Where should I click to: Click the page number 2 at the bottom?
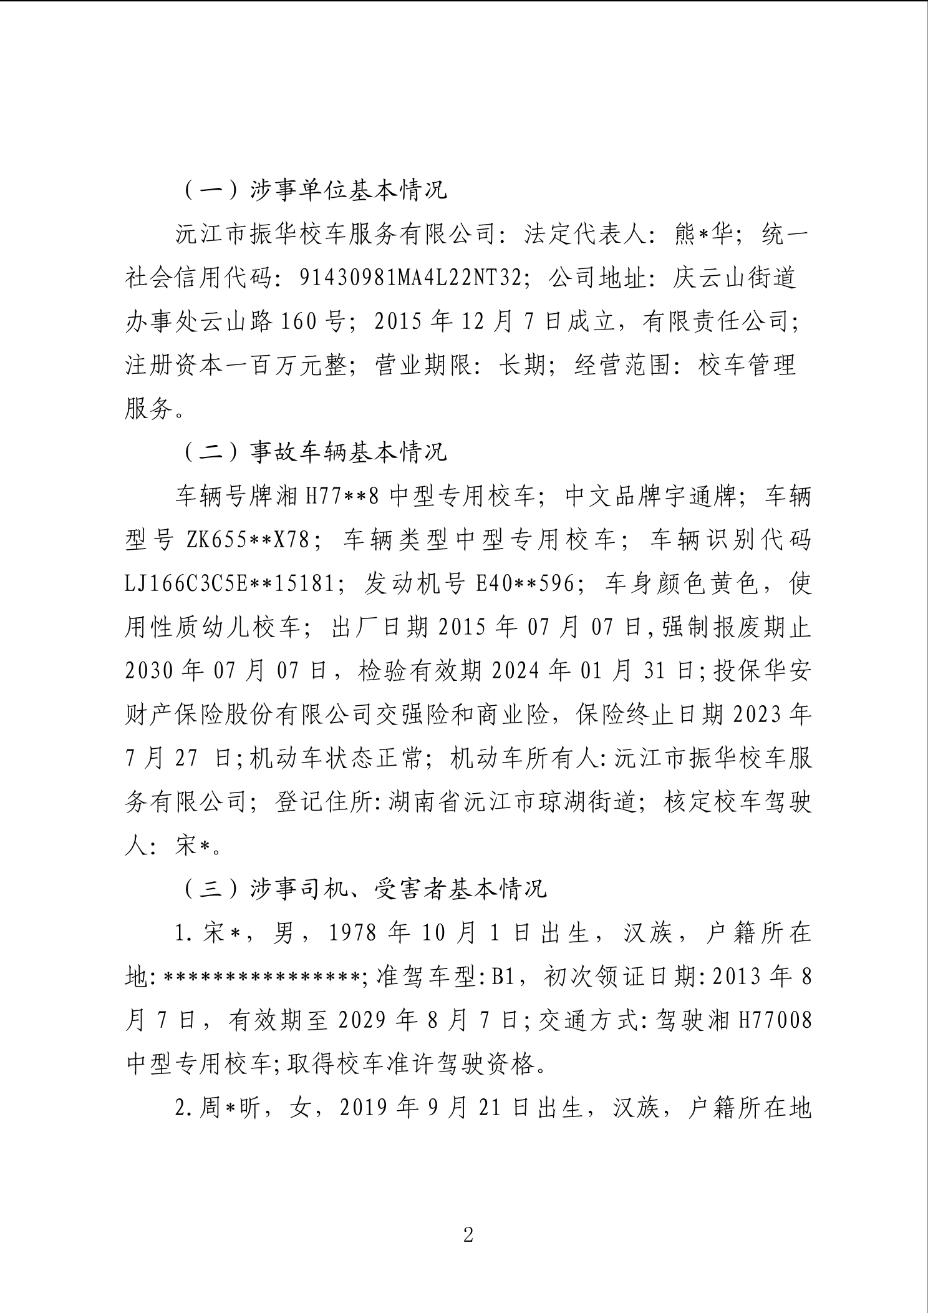tap(468, 1234)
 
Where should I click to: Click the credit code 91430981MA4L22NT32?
tap(409, 278)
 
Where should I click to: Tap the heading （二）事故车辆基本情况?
tap(316, 452)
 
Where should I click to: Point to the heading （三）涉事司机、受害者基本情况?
tap(365, 889)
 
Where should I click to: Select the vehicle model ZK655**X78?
tap(248, 540)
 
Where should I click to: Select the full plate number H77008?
tap(775, 1020)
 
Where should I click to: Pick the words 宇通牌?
tap(702, 497)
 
